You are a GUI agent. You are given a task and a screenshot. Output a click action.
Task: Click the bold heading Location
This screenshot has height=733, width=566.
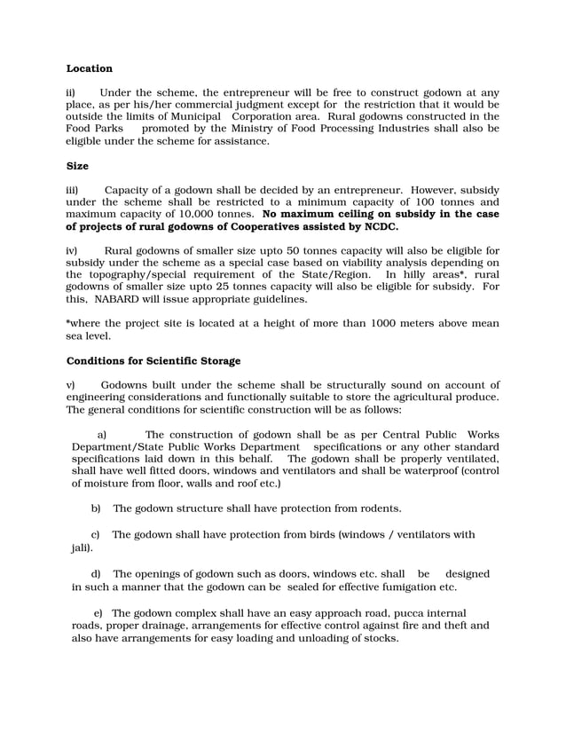[x=90, y=68]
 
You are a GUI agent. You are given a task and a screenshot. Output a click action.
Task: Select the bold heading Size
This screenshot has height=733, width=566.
[x=79, y=165]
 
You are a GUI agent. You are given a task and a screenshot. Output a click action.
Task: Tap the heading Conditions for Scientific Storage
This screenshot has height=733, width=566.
[x=153, y=360]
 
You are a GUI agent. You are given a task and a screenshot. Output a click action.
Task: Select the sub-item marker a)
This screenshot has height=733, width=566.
[x=102, y=434]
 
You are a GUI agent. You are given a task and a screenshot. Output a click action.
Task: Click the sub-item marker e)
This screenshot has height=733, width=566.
[x=98, y=613]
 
